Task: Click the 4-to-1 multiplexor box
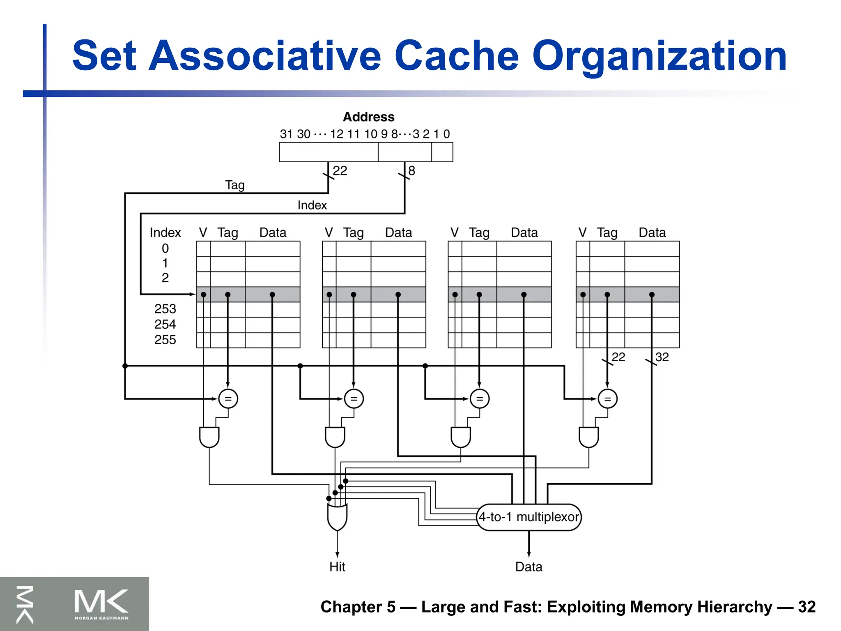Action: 529,517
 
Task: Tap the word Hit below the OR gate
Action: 337,567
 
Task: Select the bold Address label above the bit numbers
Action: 368,117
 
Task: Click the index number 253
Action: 165,309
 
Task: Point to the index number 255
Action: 165,340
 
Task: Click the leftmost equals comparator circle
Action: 228,398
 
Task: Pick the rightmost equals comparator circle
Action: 608,398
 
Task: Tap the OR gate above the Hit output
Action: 337,516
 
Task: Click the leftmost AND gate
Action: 209,437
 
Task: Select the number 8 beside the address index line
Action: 411,171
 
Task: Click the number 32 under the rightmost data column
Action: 662,357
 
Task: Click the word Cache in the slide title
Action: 457,56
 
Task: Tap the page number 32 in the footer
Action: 807,607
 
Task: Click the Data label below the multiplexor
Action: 528,567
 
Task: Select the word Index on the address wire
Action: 312,205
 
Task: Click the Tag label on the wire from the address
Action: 235,185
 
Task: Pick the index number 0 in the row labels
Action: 165,249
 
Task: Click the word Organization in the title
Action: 659,56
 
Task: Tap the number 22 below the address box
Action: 340,171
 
